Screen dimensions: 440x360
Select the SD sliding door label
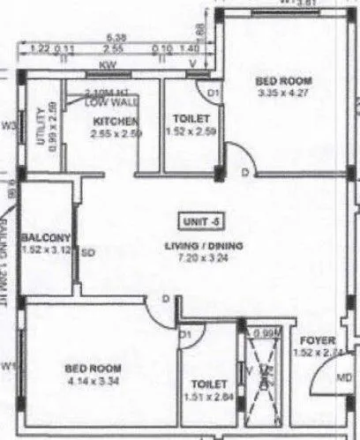pos(87,252)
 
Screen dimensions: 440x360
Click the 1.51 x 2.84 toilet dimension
pos(209,396)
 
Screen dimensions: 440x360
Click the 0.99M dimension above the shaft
pos(264,333)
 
